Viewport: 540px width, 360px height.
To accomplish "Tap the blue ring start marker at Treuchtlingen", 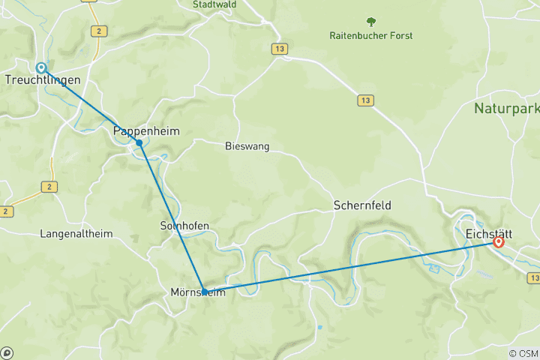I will pyautogui.click(x=42, y=67).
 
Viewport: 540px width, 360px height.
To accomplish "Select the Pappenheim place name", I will pyautogui.click(x=146, y=131).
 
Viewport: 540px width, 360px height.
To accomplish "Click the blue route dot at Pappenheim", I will pyautogui.click(x=139, y=142).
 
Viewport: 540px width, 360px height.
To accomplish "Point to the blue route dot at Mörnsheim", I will pyautogui.click(x=204, y=292).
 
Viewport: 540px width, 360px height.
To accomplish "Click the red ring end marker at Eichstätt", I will pyautogui.click(x=498, y=242).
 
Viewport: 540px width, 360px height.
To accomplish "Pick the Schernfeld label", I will pyautogui.click(x=362, y=205).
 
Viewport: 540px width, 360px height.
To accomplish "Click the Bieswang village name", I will pyautogui.click(x=247, y=146).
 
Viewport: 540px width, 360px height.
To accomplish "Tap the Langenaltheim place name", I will pyautogui.click(x=76, y=234).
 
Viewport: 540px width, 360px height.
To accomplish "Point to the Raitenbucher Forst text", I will pyautogui.click(x=371, y=35).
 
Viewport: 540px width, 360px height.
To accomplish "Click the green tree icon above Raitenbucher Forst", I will pyautogui.click(x=370, y=22).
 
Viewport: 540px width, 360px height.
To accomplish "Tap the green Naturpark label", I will pyautogui.click(x=507, y=109).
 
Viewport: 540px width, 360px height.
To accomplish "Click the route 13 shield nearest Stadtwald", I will pyautogui.click(x=279, y=48).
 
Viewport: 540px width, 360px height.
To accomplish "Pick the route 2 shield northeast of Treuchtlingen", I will pyautogui.click(x=97, y=31).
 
